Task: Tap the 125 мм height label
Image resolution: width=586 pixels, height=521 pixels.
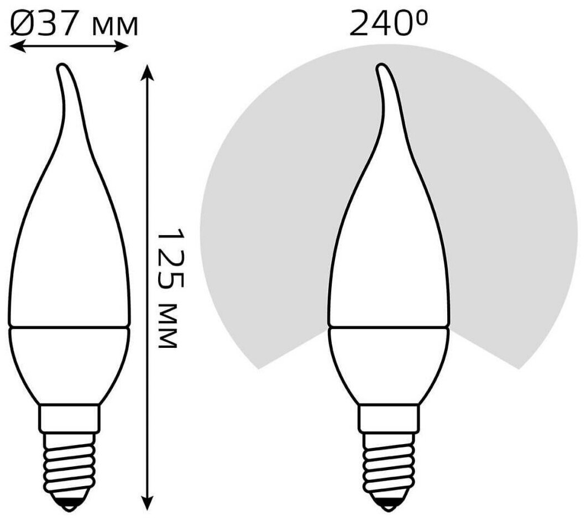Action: pyautogui.click(x=170, y=288)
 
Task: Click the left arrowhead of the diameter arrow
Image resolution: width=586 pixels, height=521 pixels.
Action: pyautogui.click(x=17, y=46)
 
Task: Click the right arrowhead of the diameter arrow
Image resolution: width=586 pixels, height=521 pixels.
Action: pyautogui.click(x=122, y=46)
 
